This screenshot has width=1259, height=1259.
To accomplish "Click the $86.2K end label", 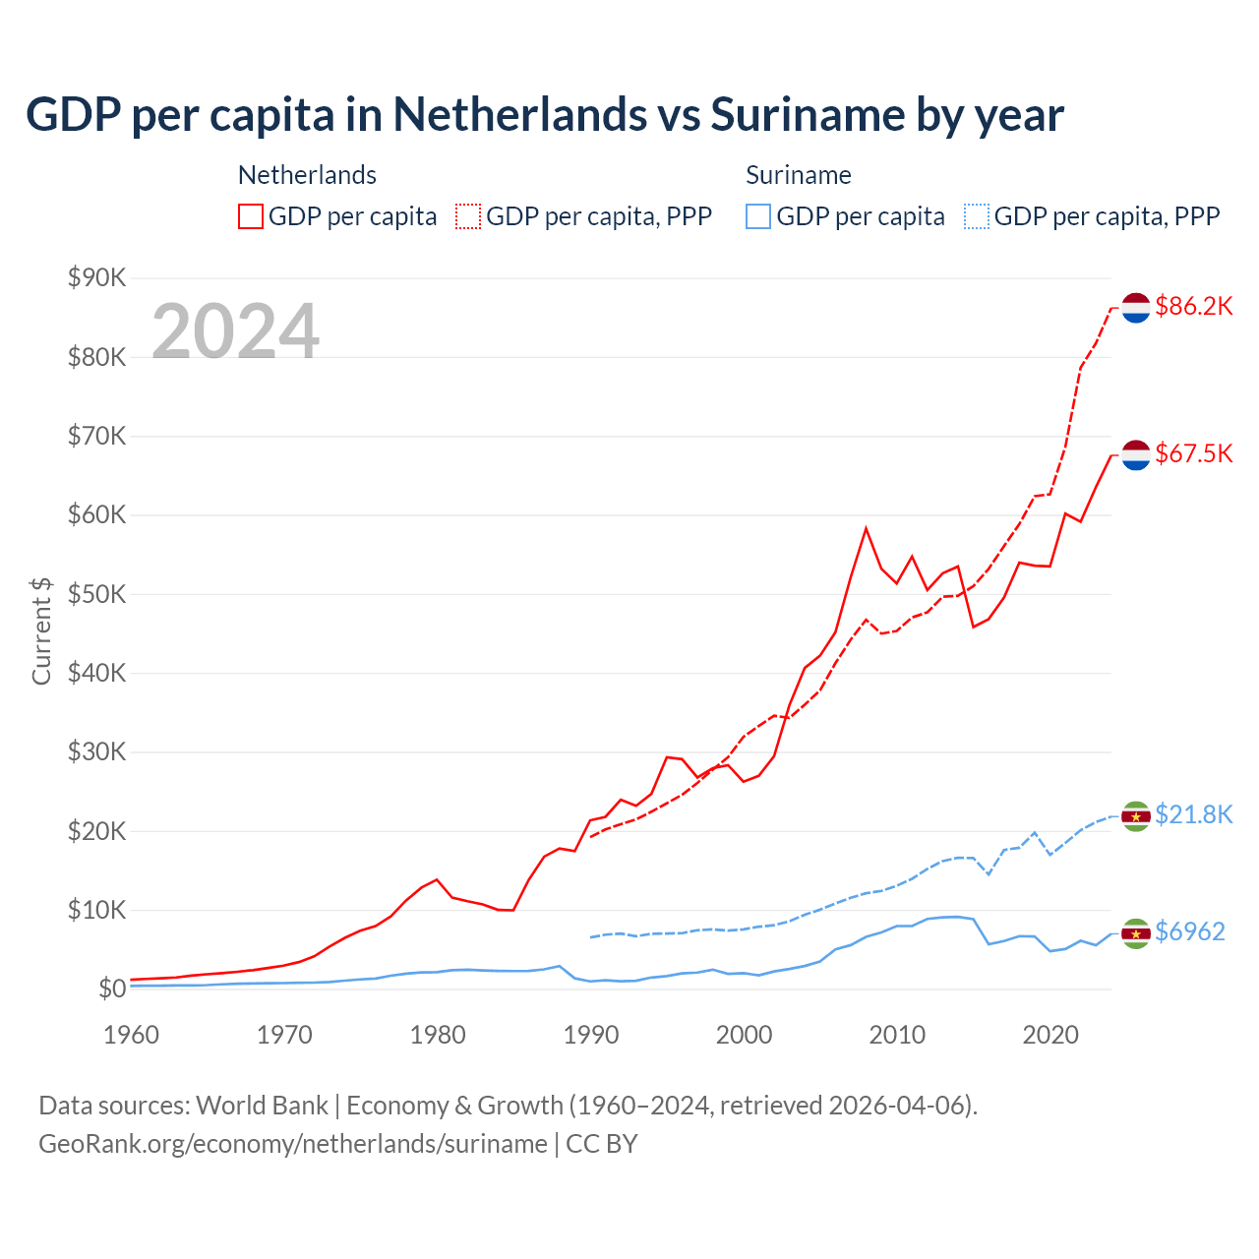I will point(1193,306).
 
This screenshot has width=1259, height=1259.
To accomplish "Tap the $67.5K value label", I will point(1193,453).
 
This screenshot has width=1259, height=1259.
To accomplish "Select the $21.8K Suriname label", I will point(1193,814).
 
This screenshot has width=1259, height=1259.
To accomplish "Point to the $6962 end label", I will point(1189,931).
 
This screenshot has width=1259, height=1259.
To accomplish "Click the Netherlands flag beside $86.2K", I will point(1136,308).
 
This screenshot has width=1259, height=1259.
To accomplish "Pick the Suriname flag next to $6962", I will point(1136,933).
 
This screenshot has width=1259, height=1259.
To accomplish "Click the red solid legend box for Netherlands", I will point(251,216).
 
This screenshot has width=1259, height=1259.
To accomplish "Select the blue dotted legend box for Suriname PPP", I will point(977,216).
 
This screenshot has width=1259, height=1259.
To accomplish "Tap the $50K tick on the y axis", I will point(97,594).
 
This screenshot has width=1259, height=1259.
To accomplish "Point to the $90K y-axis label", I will point(97,277).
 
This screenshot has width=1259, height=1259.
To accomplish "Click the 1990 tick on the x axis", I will point(591,1035).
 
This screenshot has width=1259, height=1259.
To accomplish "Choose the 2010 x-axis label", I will point(897,1035).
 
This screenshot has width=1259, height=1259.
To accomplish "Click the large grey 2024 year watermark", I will point(235,331).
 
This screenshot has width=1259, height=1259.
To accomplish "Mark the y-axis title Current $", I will point(41,630).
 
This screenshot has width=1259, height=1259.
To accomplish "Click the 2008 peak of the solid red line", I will point(866,529).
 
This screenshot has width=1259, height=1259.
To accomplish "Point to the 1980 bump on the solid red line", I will point(437,880).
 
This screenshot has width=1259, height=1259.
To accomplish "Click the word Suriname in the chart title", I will point(807,114).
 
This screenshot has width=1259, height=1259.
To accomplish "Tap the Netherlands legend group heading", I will point(307,175).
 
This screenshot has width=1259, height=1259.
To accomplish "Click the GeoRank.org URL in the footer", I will point(293,1144).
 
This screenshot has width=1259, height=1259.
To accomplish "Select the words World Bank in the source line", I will point(262,1106).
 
